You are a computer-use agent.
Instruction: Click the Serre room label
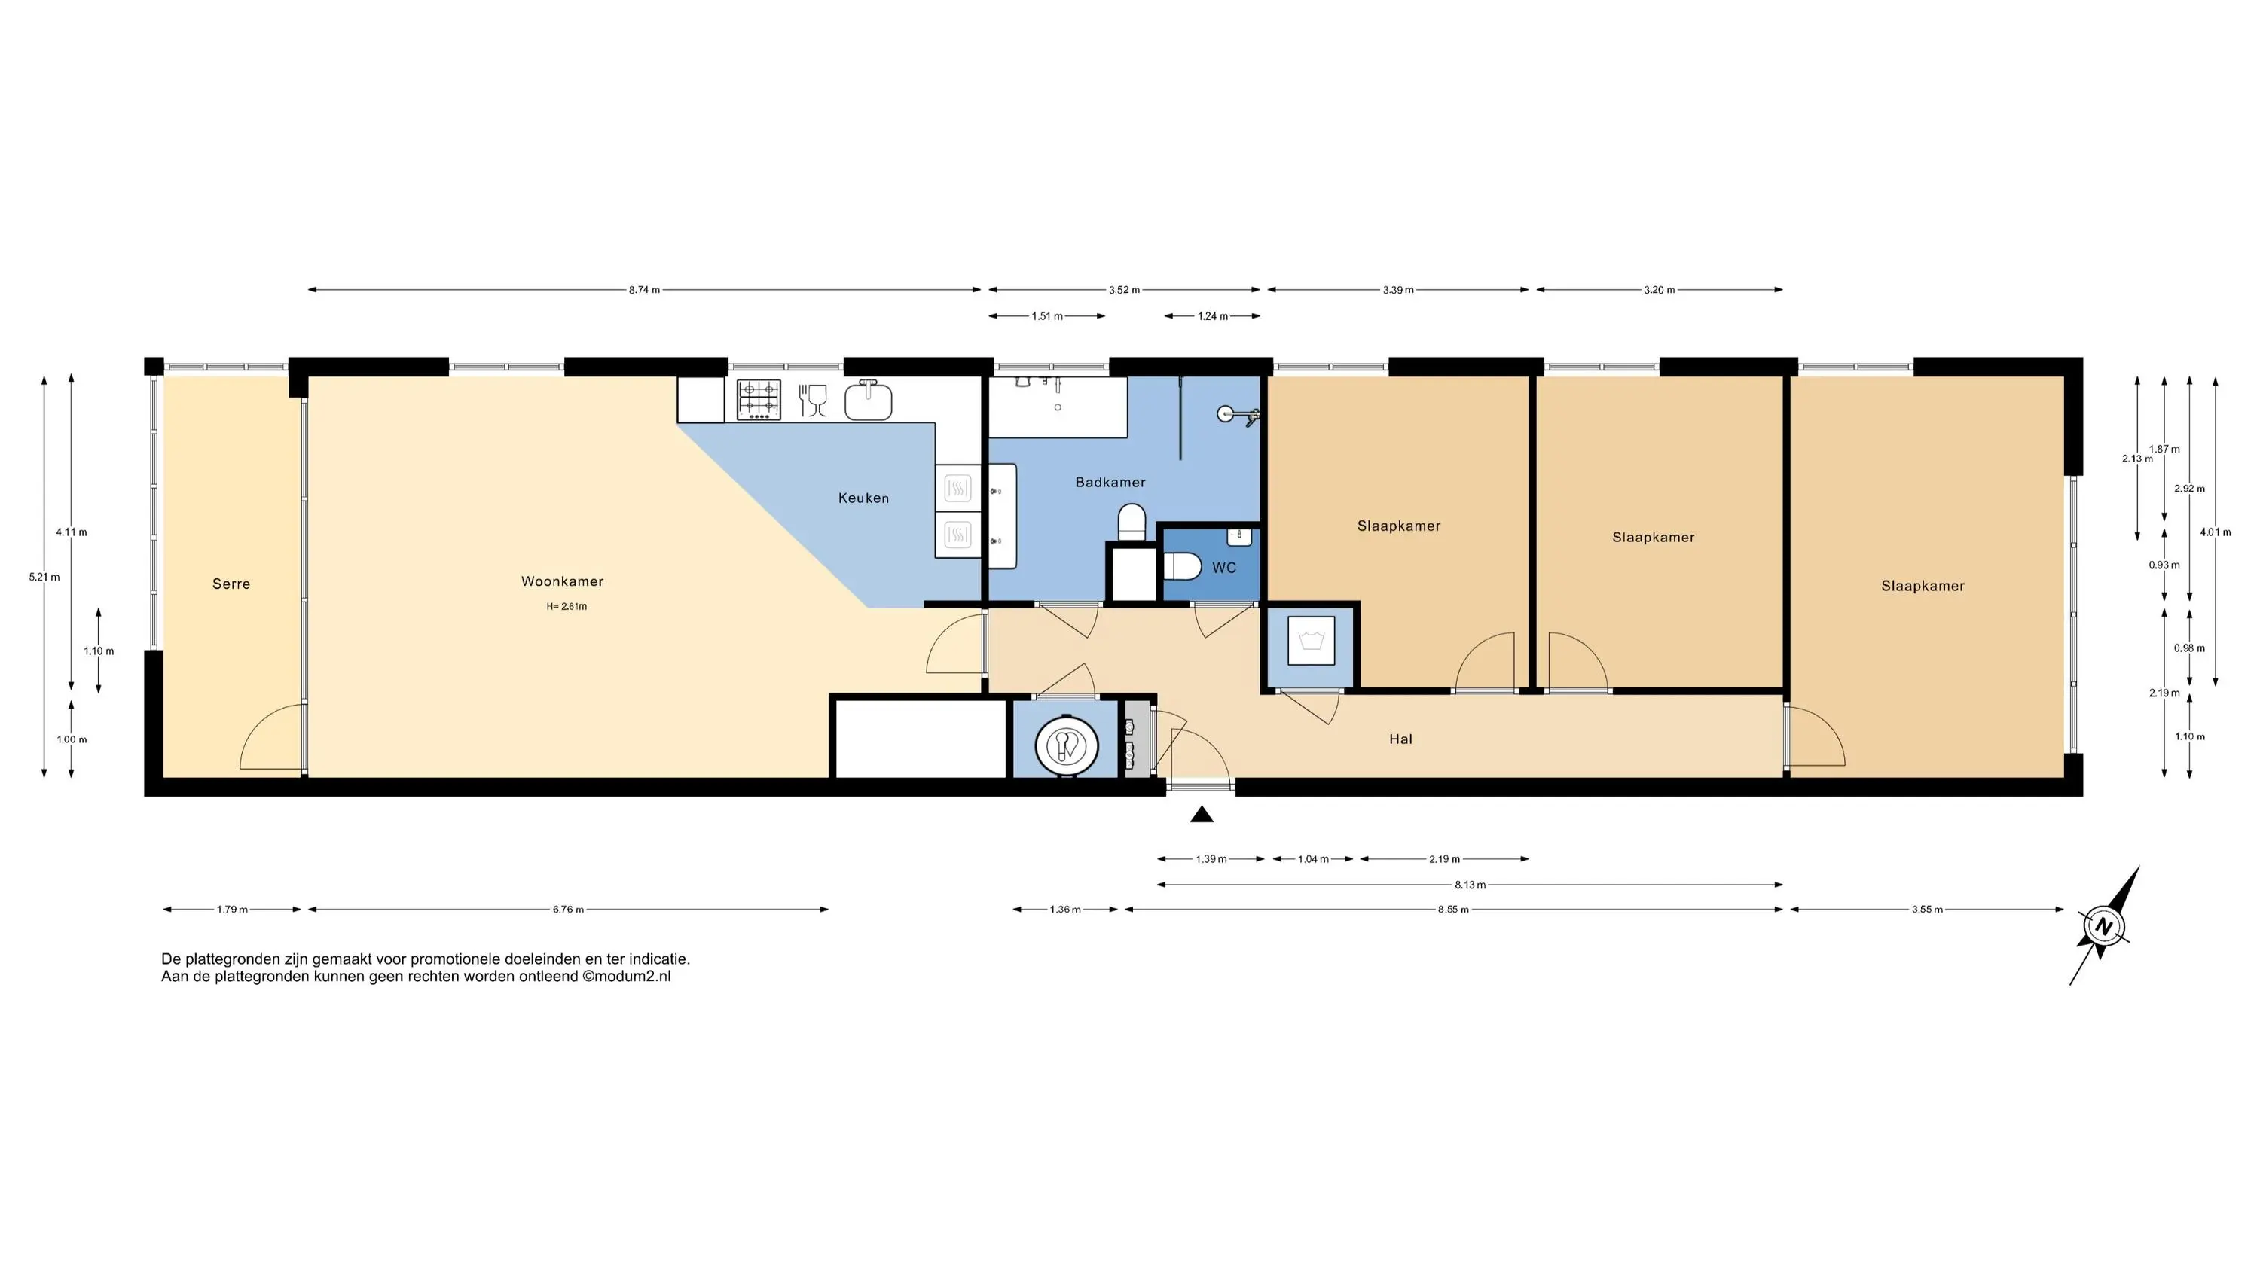(x=231, y=584)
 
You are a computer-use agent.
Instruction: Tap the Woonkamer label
(x=563, y=581)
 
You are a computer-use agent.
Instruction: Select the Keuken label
(x=863, y=498)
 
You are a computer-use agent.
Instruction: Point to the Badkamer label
(x=1110, y=483)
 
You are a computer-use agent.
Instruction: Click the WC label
(x=1224, y=568)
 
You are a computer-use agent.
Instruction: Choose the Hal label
(x=1400, y=739)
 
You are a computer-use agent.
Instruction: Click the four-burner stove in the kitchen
(x=759, y=399)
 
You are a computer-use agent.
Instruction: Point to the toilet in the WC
(x=1182, y=567)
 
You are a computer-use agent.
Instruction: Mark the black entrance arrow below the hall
(x=1202, y=815)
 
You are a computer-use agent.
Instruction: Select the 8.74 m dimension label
(x=644, y=291)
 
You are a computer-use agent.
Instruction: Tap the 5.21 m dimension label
(x=44, y=578)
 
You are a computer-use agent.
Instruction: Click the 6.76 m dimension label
(x=567, y=910)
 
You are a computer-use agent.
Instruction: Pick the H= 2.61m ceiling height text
(x=567, y=606)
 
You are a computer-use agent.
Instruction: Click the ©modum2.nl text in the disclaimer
(x=627, y=977)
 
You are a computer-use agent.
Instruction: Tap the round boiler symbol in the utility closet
(x=1067, y=745)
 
